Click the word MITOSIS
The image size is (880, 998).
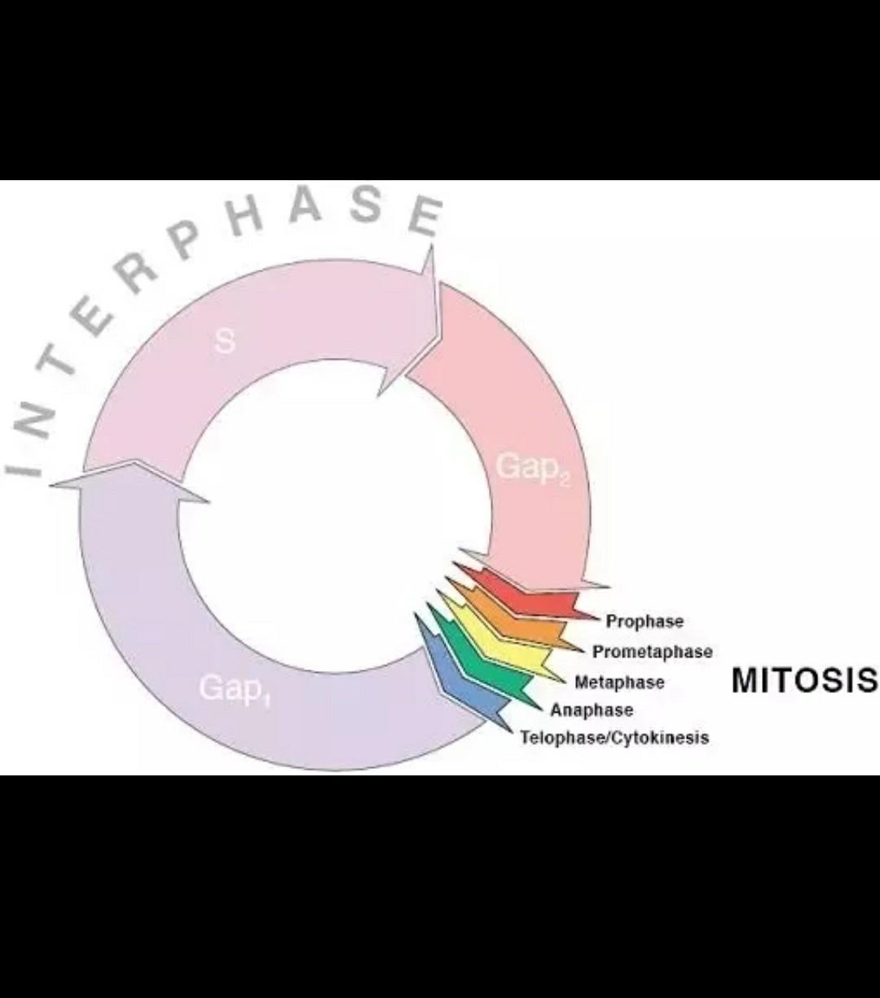coord(804,680)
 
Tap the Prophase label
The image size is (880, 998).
coord(645,621)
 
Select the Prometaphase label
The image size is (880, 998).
coord(652,651)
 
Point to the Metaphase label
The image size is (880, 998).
coord(619,682)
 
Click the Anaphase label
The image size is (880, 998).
coord(592,709)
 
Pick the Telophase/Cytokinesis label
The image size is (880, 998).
coord(614,738)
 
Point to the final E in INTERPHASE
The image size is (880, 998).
coord(424,215)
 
